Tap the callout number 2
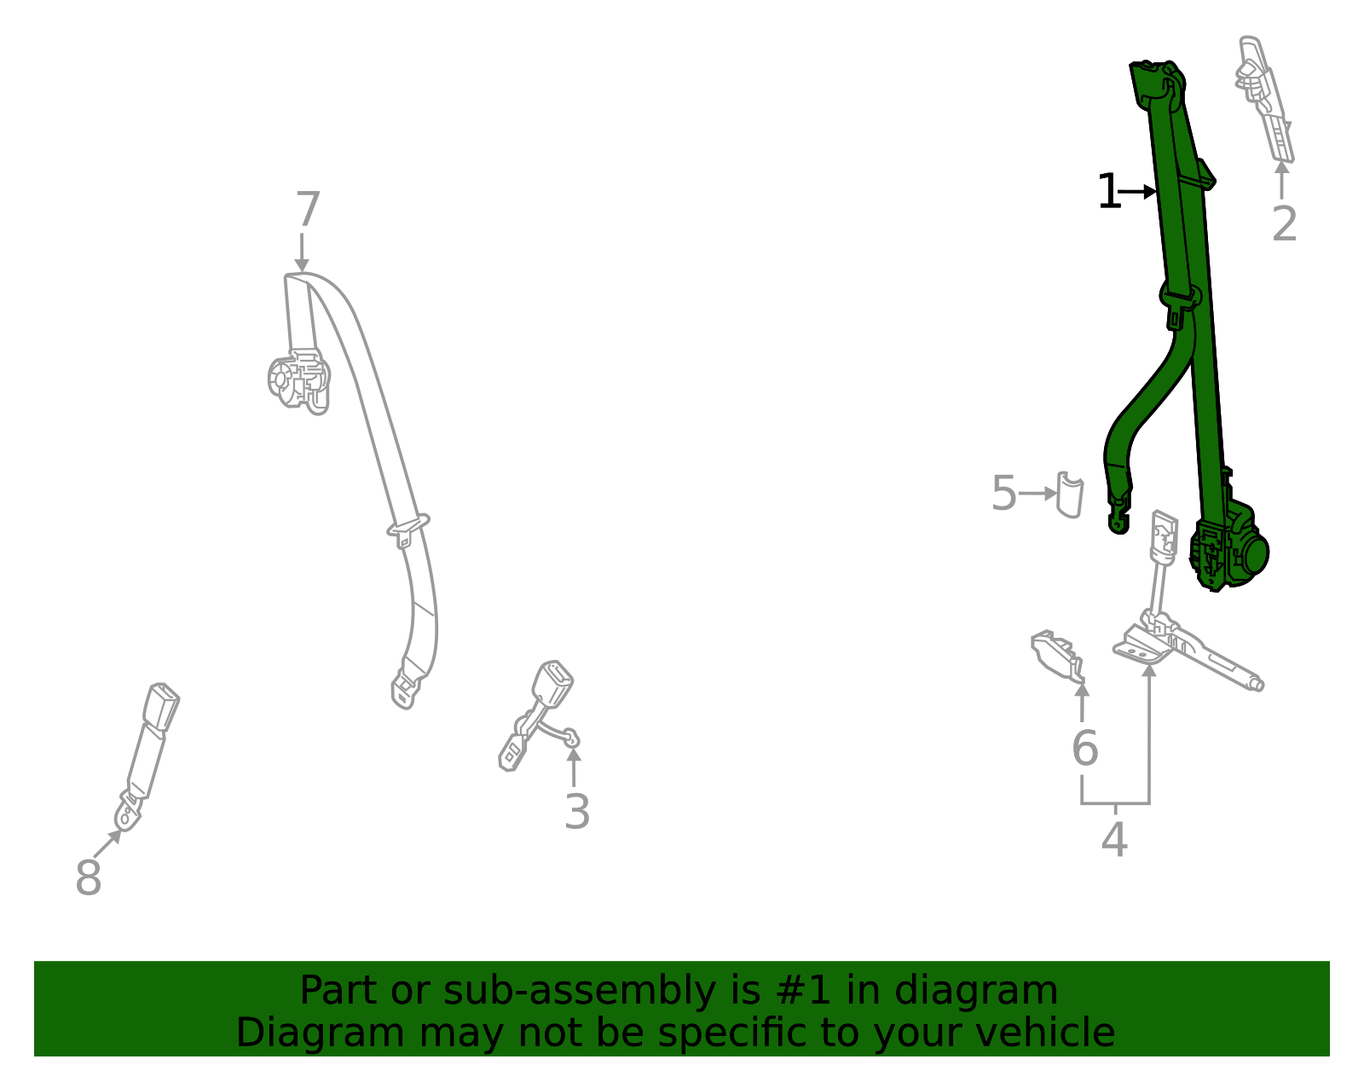(1284, 224)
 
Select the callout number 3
(577, 812)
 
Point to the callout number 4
(1114, 841)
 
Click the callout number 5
(1004, 494)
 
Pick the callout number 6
(1084, 749)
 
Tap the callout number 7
(308, 210)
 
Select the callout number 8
(88, 877)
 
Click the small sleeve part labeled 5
(1070, 495)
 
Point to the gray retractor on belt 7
(298, 379)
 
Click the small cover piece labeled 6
(1057, 652)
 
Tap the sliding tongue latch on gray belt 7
(407, 530)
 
